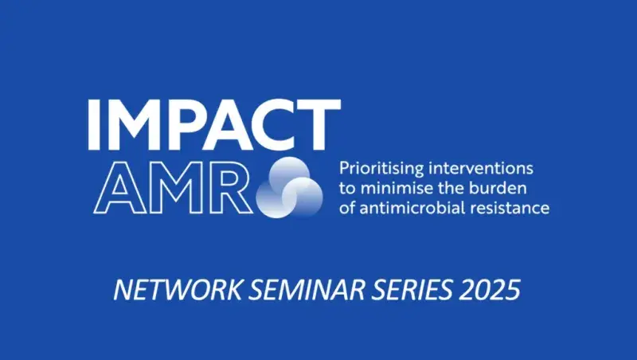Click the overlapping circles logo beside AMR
point(291,186)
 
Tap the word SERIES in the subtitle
point(406,289)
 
